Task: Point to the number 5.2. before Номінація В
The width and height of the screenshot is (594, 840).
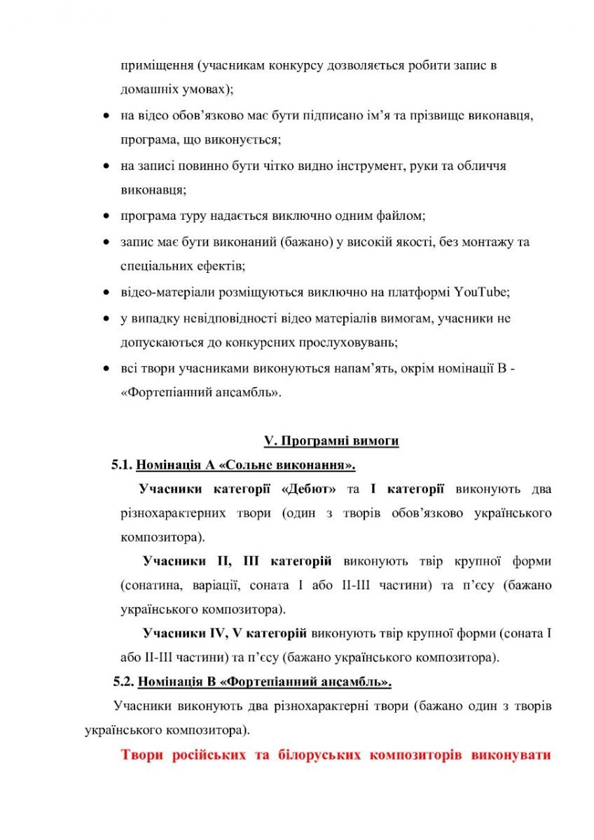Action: point(125,680)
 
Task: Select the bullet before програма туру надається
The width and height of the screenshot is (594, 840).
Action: point(106,216)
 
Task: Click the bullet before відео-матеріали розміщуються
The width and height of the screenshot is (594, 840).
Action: point(106,293)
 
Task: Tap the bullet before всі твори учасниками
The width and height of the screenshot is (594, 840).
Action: point(106,369)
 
